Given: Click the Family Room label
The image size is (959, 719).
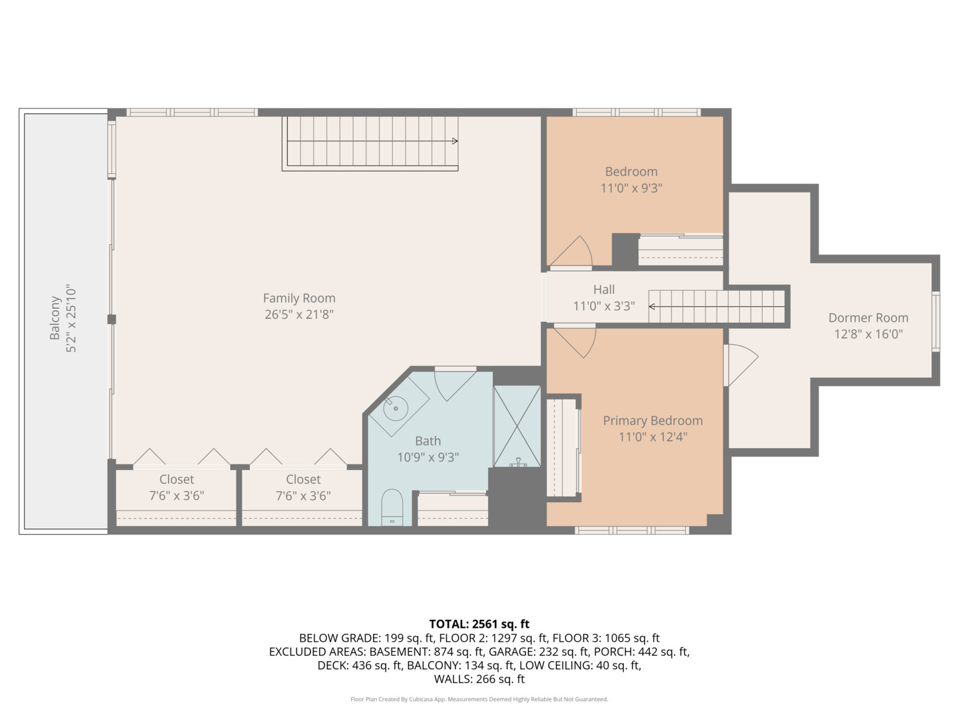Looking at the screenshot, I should [299, 298].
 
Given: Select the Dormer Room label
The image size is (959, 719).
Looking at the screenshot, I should [868, 318].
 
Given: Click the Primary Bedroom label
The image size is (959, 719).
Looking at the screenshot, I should [653, 421].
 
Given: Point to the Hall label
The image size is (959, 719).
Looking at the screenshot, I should [603, 290].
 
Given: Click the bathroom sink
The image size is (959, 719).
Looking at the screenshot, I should [396, 407].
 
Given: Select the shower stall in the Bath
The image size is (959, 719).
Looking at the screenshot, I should [517, 426].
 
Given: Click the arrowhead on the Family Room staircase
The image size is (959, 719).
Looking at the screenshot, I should [455, 141].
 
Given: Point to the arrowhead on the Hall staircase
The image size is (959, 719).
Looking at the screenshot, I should [652, 306].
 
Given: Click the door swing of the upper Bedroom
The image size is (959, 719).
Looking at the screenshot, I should [573, 253].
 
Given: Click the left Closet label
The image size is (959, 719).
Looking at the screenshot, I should [176, 479].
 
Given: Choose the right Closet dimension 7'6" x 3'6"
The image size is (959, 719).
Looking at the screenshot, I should [303, 496].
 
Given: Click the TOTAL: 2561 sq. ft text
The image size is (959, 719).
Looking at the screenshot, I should [479, 624].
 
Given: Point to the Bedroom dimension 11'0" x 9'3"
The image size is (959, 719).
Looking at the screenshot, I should [631, 188].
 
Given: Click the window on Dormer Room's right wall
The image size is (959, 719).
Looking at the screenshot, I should [935, 321].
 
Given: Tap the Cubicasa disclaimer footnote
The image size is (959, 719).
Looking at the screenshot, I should [479, 699].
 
